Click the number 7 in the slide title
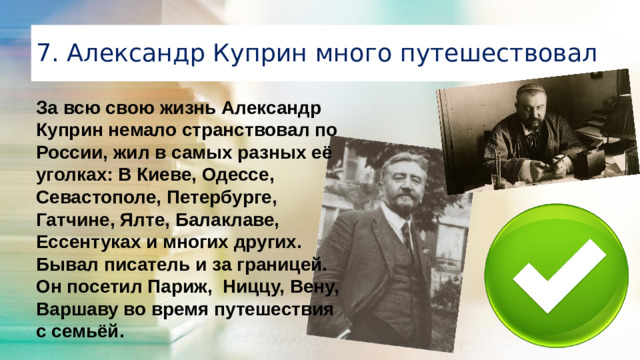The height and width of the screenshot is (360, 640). coord(43,51)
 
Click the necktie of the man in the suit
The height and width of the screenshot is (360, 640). coord(408,240)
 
